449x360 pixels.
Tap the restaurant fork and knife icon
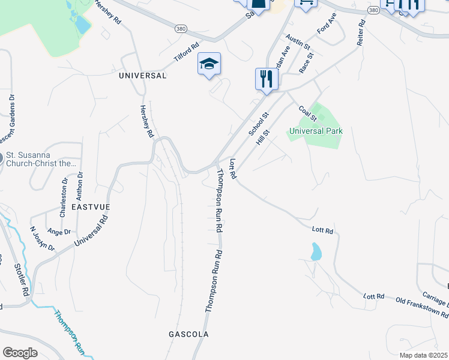pos(267,79)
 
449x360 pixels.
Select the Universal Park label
pos(316,131)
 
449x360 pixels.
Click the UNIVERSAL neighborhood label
pos(142,76)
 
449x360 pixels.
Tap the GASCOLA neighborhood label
pos(188,334)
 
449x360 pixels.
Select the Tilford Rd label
pos(186,52)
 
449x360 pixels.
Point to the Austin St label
pos(298,42)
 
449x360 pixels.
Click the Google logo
pos(20,352)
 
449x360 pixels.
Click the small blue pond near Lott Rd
pos(316,251)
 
